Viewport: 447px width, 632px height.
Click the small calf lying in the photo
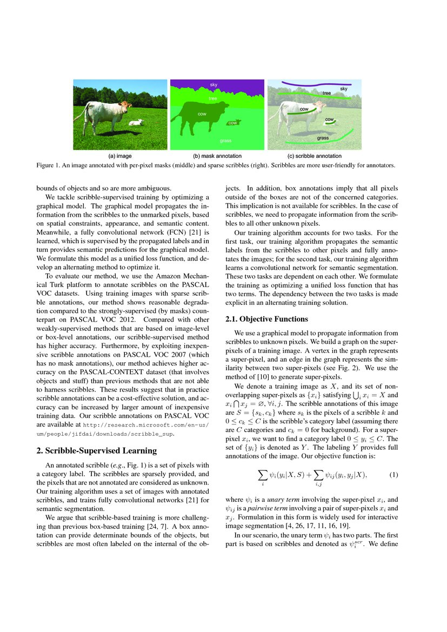(x=136, y=123)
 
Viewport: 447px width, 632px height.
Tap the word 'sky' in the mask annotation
(x=213, y=85)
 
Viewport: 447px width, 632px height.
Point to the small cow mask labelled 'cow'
(x=233, y=123)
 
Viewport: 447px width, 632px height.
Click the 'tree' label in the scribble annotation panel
(x=326, y=93)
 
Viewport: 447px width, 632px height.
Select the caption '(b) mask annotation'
(x=217, y=156)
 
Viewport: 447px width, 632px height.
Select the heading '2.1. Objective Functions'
(x=261, y=319)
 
